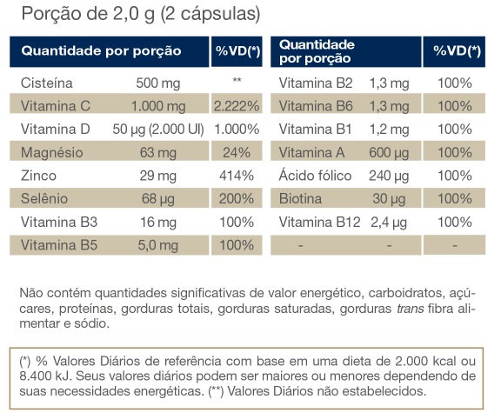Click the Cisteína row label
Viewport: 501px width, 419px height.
(47, 83)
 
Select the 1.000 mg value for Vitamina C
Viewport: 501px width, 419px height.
(158, 106)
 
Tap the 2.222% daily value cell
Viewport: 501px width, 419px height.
(237, 106)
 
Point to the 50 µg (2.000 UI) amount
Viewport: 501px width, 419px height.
(158, 130)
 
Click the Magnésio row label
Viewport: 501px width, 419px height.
(52, 152)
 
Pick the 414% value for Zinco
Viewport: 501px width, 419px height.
(237, 176)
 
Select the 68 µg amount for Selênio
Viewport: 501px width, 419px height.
(158, 199)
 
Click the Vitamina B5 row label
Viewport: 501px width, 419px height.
(59, 245)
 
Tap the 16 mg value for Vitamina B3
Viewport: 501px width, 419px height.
(158, 223)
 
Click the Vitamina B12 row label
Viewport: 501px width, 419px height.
(319, 222)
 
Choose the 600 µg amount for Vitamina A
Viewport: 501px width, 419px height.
(389, 153)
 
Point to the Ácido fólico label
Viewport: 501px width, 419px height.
(315, 175)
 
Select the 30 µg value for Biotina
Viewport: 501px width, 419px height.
(389, 199)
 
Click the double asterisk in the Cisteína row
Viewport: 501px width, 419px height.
(237, 80)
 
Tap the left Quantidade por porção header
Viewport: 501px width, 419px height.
(101, 51)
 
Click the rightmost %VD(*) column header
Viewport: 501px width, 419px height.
(457, 50)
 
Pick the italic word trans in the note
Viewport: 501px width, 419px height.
(411, 309)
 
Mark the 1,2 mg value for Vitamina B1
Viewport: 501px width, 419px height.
(389, 130)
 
